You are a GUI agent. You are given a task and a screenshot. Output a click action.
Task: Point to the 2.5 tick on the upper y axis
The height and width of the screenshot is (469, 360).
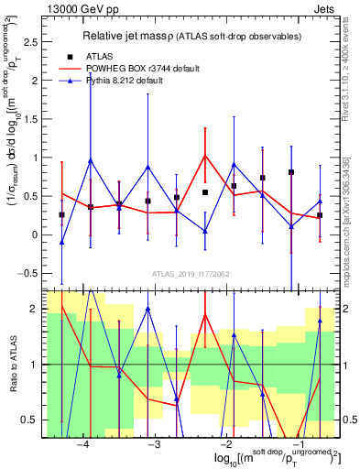point(38,42)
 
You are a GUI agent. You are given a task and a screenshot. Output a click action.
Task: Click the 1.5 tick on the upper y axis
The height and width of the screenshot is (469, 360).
point(38,119)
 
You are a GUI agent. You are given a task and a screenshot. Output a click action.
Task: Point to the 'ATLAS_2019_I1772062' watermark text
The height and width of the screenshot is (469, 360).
point(191,273)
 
